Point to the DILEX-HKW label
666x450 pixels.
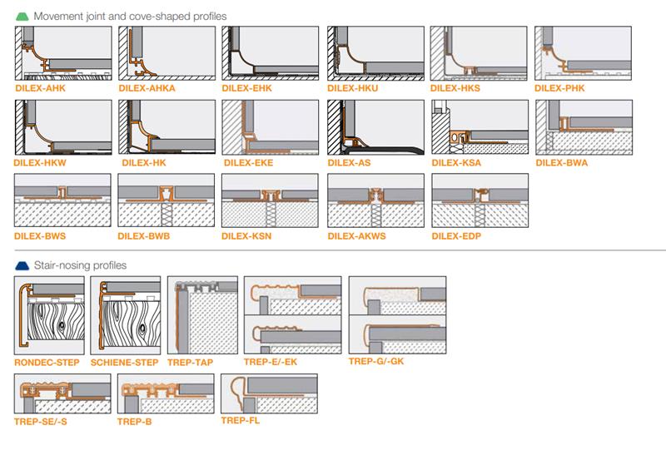click(39, 162)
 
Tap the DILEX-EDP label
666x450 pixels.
click(455, 235)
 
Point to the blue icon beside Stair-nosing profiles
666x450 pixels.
click(21, 265)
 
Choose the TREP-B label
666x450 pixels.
click(134, 422)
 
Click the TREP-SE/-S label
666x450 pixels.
click(41, 422)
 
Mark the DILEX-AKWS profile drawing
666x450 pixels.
click(375, 200)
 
